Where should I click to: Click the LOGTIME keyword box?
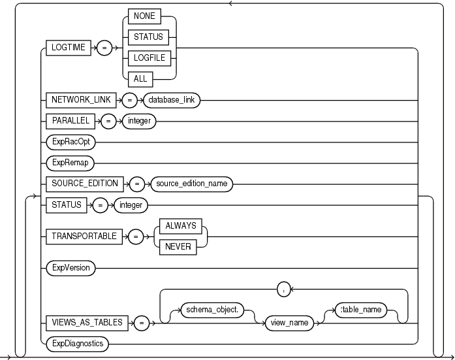click(69, 49)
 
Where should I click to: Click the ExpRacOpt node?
click(71, 141)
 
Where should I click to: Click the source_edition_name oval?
click(191, 184)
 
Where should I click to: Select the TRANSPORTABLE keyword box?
click(84, 237)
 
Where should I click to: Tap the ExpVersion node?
click(72, 268)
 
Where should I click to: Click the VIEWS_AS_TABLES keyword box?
click(86, 322)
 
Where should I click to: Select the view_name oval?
click(285, 322)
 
